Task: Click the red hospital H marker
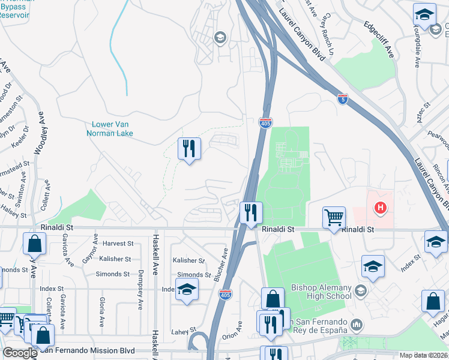pos(379,209)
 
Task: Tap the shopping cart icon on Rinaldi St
pos(334,217)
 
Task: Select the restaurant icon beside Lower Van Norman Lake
pos(189,148)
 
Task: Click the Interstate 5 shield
pos(343,98)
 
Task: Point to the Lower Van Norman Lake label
pos(112,128)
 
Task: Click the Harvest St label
pos(118,244)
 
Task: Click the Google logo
pos(20,353)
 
